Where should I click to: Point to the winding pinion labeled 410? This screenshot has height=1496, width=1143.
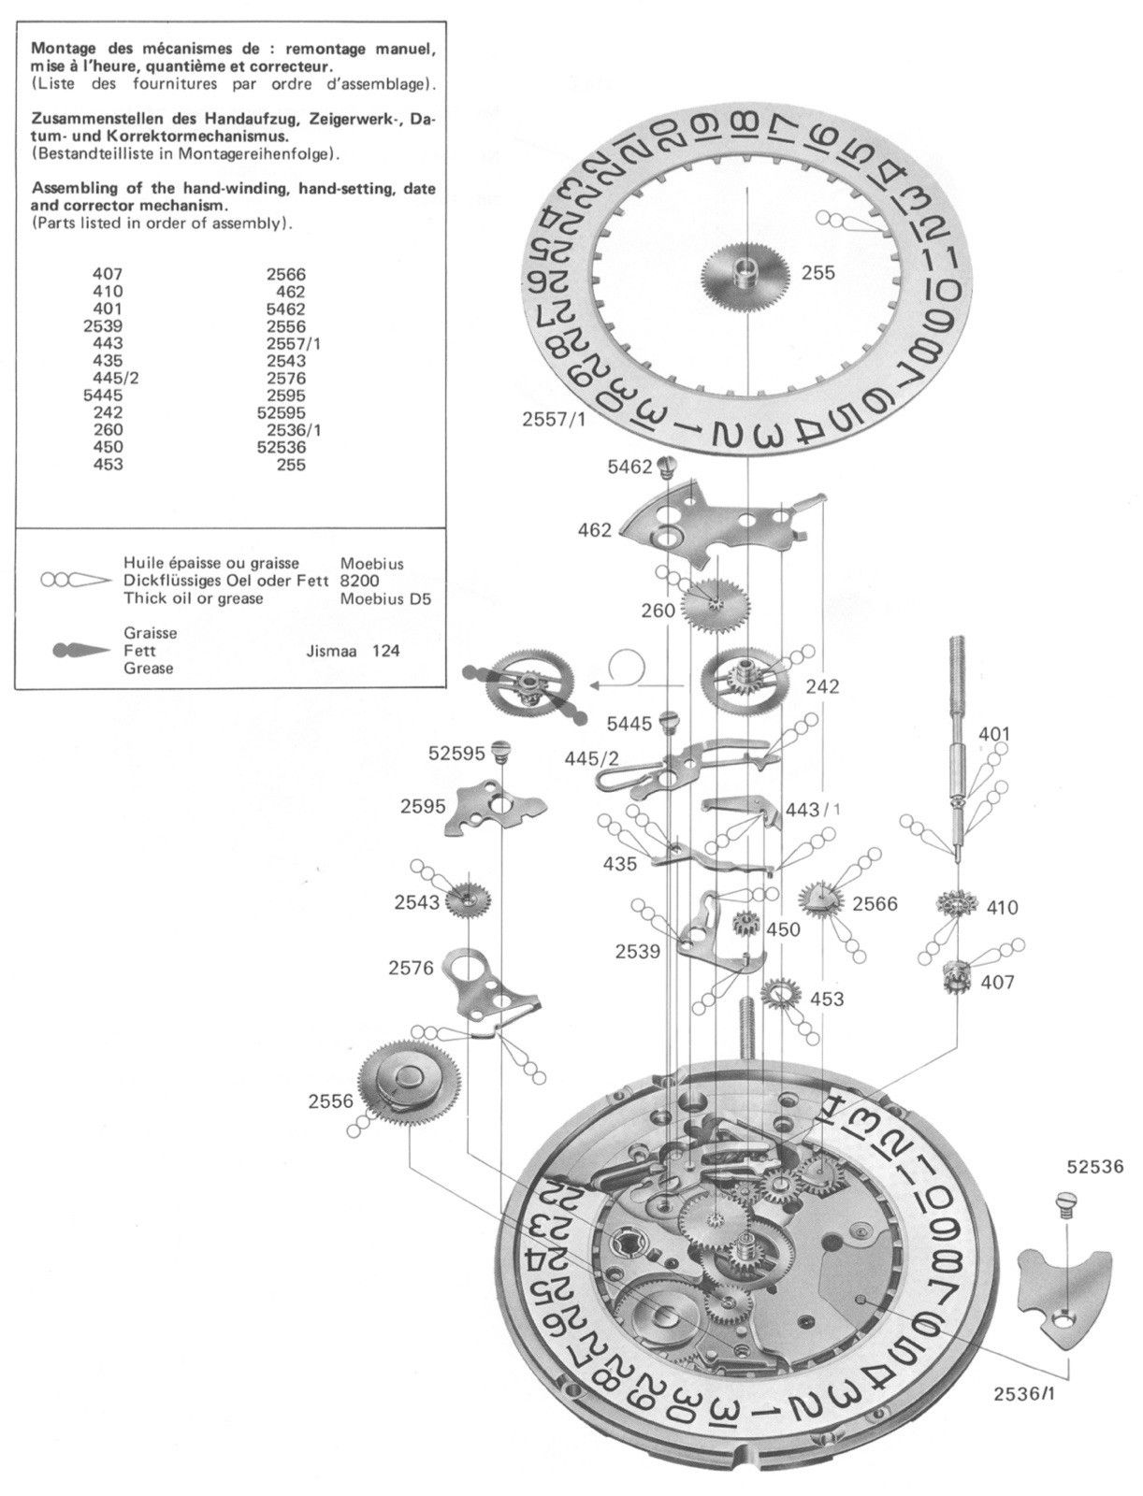(x=959, y=906)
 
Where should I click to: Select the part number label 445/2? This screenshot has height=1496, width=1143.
(x=591, y=758)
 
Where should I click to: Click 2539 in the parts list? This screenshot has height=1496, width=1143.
(x=103, y=325)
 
